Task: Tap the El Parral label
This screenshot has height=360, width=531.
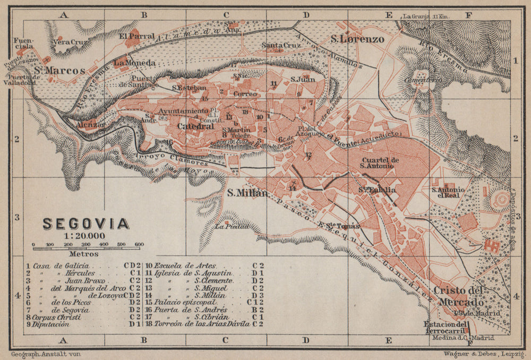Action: pyautogui.click(x=136, y=36)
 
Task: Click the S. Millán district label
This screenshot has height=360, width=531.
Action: pyautogui.click(x=247, y=193)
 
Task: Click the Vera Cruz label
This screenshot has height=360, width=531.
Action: pyautogui.click(x=68, y=41)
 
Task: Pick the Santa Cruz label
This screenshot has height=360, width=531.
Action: pyautogui.click(x=281, y=46)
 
